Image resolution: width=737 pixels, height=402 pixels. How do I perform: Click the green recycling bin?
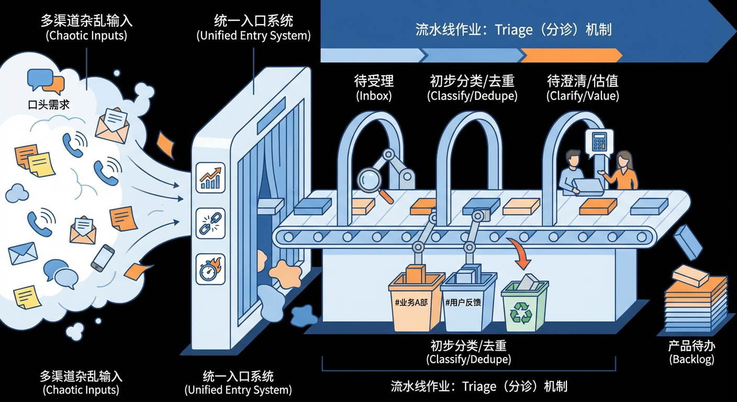(x=524, y=307)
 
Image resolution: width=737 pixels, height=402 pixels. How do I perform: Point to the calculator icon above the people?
(x=598, y=141)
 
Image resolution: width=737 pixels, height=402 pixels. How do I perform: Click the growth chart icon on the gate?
(x=210, y=177)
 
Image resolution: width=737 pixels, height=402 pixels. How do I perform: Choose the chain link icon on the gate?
(x=210, y=223)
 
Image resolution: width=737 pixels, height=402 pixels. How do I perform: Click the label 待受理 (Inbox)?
(x=374, y=87)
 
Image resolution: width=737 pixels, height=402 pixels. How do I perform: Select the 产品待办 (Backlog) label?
(x=691, y=352)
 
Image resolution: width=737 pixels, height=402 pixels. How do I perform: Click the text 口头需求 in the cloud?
(x=49, y=105)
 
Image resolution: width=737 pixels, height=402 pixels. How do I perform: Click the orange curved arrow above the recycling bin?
(x=521, y=252)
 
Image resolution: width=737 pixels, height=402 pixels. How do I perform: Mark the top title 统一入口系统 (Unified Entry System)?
(x=253, y=28)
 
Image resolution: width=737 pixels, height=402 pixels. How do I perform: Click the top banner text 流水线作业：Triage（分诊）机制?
(x=513, y=29)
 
